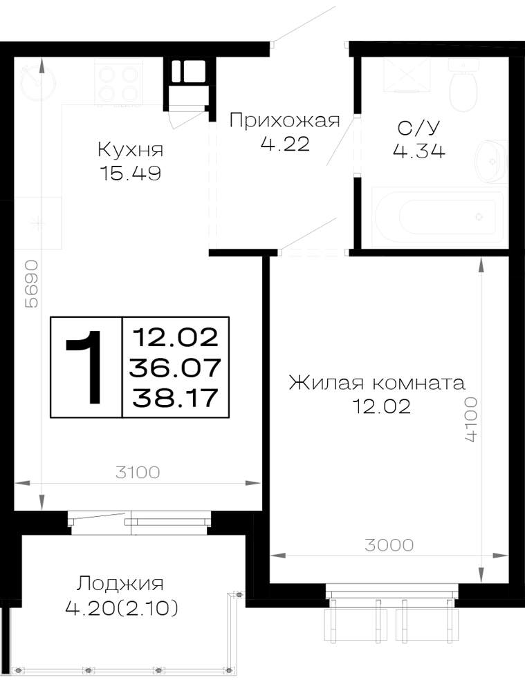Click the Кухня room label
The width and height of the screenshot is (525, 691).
[131, 150]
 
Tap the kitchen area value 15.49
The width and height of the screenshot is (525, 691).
[131, 173]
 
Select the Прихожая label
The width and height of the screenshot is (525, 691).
[284, 120]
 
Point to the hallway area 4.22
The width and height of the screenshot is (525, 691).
[284, 144]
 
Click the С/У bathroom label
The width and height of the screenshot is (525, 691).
[418, 127]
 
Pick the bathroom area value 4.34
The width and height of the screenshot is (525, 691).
[418, 151]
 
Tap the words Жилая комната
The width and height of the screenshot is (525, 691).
[377, 383]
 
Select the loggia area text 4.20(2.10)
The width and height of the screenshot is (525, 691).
[122, 609]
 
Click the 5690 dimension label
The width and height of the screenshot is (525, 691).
[31, 284]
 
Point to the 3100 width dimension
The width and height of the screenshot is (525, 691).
[138, 473]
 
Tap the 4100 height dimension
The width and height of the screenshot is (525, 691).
[471, 419]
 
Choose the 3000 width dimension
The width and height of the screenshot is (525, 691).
[389, 545]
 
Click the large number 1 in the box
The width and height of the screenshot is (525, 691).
[86, 367]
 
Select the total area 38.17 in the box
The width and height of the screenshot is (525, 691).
[176, 398]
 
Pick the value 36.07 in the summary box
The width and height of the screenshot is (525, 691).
[175, 367]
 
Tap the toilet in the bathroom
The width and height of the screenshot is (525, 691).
[463, 86]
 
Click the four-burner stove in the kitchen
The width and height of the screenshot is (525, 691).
[119, 84]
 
